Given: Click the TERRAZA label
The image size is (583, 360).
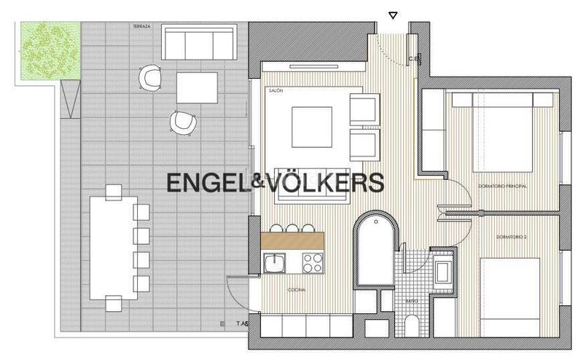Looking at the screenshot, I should point(142,26).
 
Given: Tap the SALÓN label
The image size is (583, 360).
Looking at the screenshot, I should point(275,91).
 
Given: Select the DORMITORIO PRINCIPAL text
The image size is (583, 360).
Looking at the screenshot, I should point(502,187).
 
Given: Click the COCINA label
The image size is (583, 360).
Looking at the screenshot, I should point(297,290).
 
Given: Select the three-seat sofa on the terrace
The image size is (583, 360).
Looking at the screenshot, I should point(199,42).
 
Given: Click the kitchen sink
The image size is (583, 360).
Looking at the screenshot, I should point(275,262).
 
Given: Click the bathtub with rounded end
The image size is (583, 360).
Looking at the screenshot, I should point(376,250).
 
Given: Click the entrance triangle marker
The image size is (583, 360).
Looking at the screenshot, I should point(394,15).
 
